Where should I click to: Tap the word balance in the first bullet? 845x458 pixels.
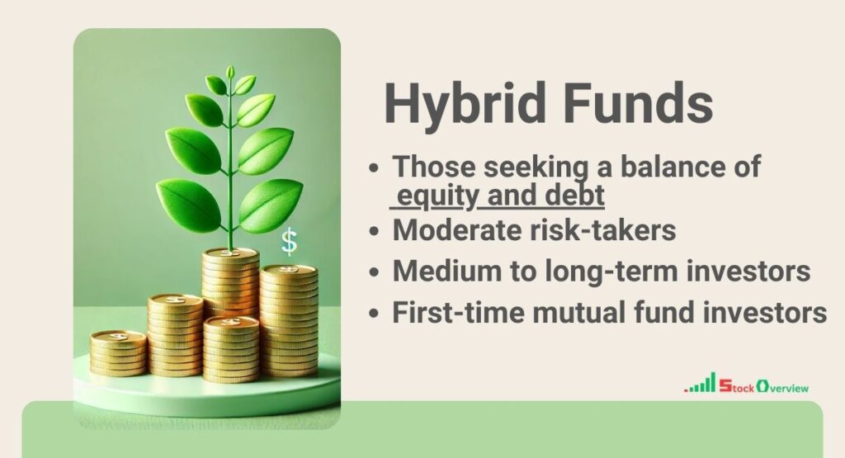(x=652, y=166)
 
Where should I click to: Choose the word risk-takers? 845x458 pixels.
(x=611, y=231)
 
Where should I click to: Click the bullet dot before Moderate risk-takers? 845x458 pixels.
(x=375, y=232)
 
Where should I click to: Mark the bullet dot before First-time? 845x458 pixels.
(x=375, y=314)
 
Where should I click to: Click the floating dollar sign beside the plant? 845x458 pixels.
(x=289, y=241)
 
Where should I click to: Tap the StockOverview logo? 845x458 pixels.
(x=747, y=385)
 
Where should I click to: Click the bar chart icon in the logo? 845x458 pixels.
(x=701, y=384)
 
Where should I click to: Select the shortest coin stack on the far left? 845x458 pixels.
(x=118, y=352)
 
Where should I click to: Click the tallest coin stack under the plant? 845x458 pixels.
(x=230, y=281)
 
